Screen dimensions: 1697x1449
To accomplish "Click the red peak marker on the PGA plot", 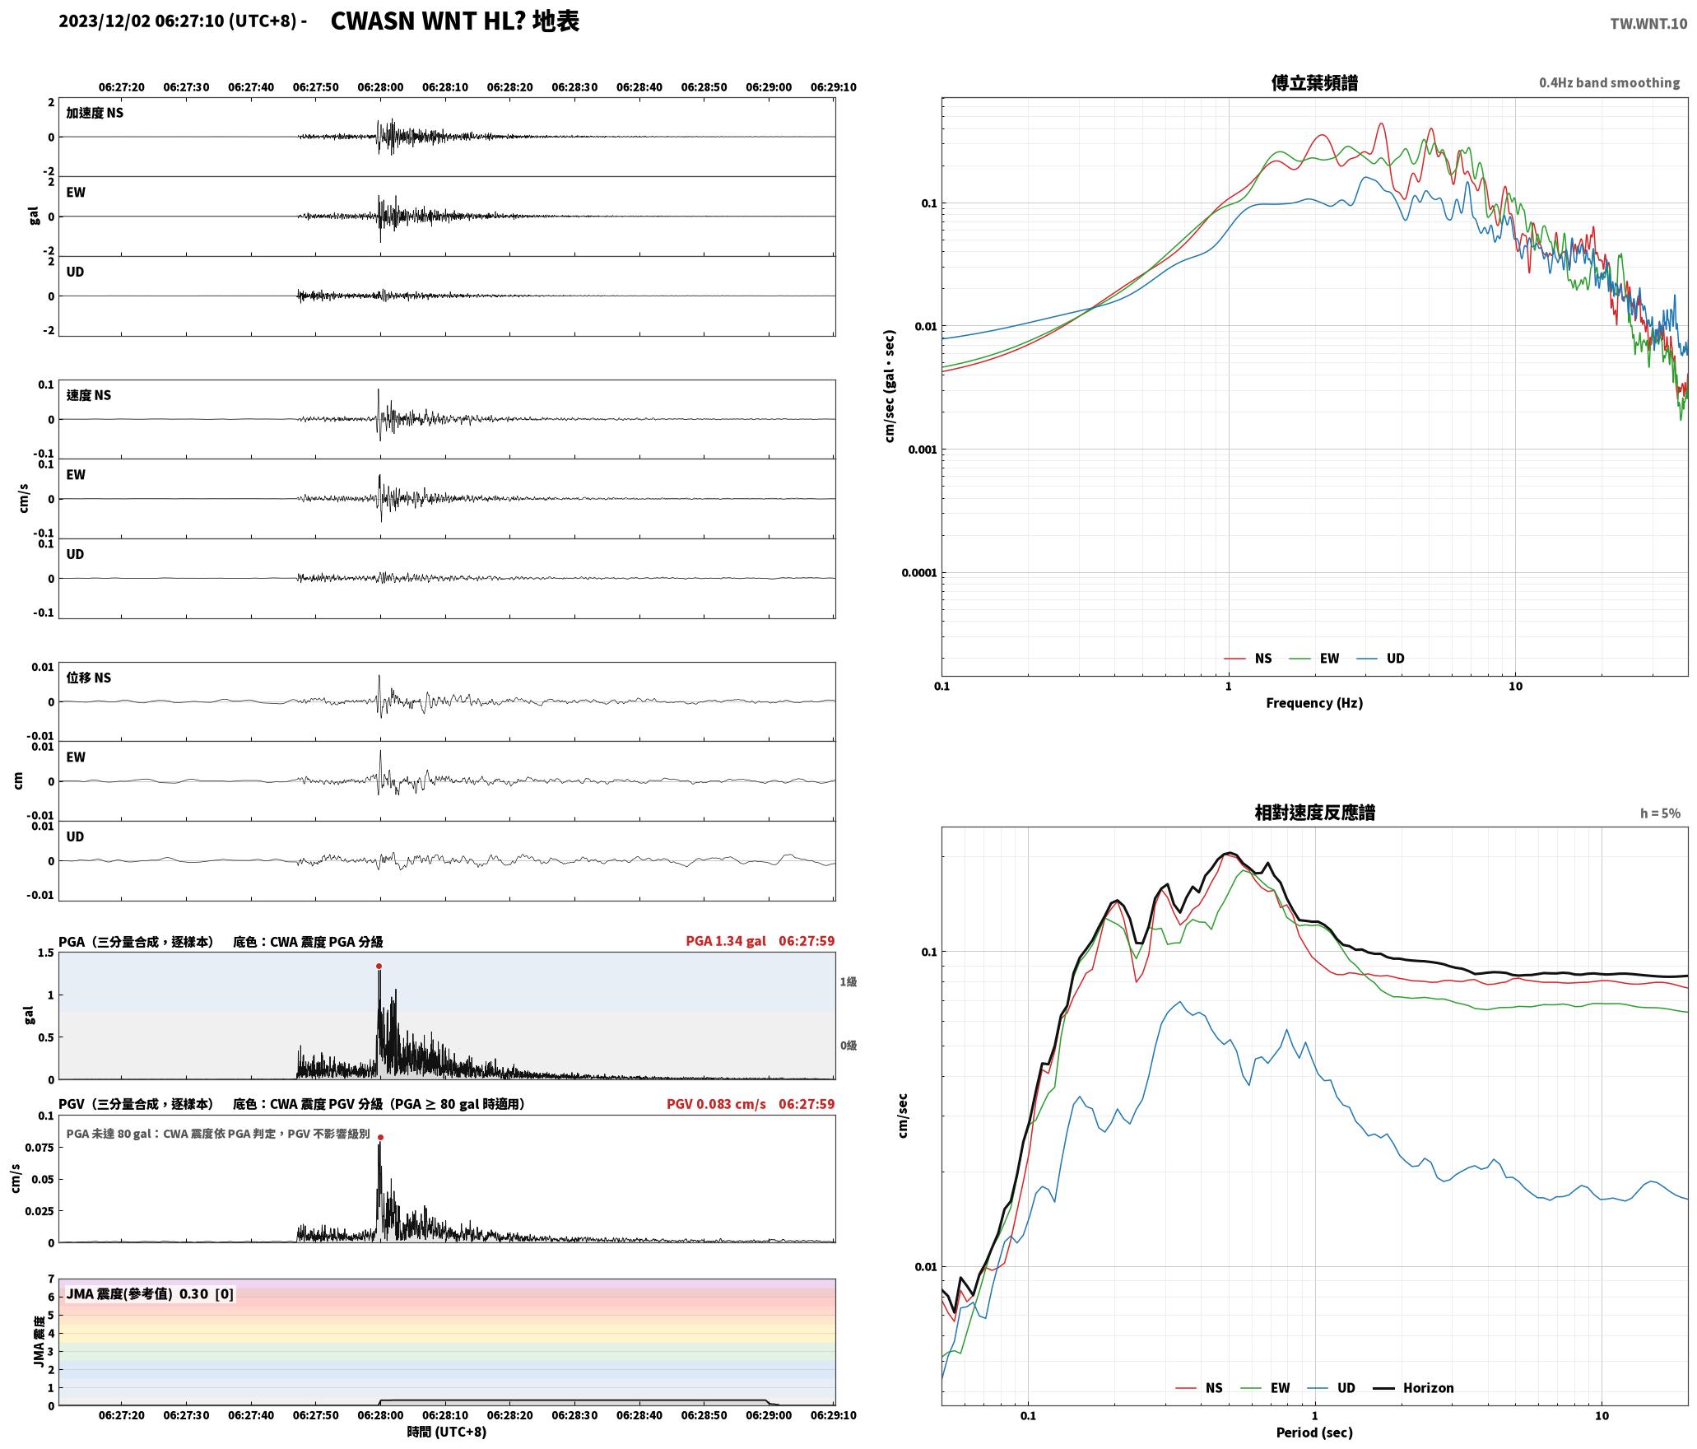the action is click(x=379, y=966).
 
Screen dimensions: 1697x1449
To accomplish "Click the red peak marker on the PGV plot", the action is click(x=380, y=1137).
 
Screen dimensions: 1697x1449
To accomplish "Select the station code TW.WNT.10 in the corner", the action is click(x=1648, y=24).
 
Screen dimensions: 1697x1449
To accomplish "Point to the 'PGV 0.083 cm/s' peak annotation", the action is click(x=716, y=1103).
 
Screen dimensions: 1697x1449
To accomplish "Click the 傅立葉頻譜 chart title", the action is click(x=1314, y=82).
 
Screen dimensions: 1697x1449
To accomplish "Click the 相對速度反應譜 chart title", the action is click(x=1314, y=812).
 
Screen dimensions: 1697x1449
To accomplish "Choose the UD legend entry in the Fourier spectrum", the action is click(x=1382, y=658).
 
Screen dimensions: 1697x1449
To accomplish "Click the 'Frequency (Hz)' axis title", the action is click(x=1314, y=702).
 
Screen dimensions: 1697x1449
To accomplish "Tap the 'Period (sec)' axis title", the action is click(x=1314, y=1432).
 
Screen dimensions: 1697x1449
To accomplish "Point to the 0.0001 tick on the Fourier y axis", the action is click(x=919, y=573).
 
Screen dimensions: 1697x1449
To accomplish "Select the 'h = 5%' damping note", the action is click(x=1660, y=813).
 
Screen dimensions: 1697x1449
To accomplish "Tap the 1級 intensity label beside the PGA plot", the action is click(x=848, y=981).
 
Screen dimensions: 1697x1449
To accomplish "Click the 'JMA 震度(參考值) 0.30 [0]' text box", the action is click(x=150, y=1293).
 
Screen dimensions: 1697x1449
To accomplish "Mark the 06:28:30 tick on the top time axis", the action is click(x=574, y=86).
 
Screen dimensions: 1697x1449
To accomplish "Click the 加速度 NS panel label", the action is click(x=95, y=113).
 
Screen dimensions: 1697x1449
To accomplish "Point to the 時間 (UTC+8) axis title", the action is click(x=447, y=1432).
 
